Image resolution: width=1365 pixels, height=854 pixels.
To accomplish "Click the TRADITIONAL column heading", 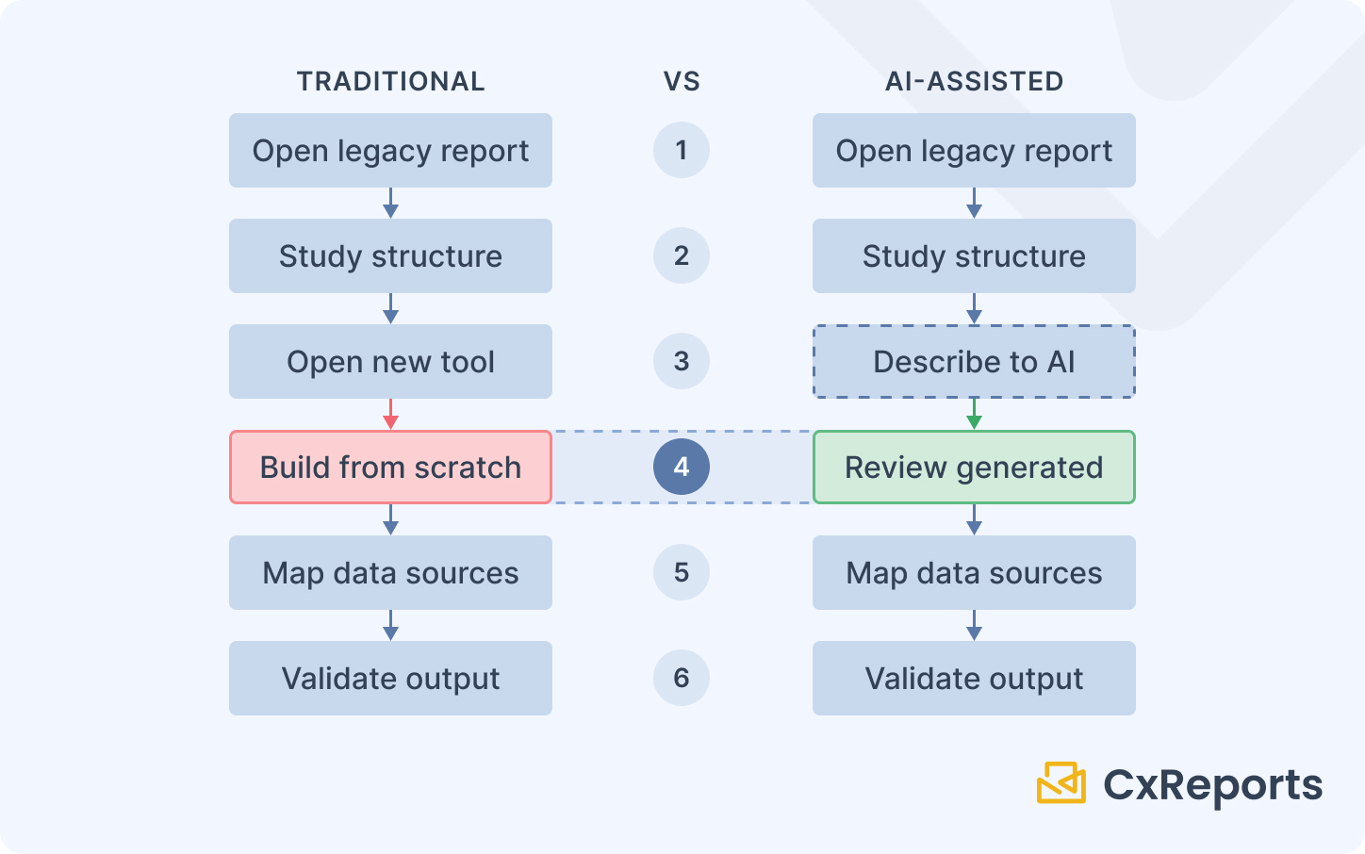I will coord(390,82).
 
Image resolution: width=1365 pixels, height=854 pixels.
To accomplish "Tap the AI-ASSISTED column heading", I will coord(974,82).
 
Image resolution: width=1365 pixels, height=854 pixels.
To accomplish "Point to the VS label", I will coord(682,82).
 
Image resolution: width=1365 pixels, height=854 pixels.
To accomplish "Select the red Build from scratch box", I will coord(390,468).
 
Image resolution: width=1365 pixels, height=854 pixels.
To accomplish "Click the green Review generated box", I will coord(974,468).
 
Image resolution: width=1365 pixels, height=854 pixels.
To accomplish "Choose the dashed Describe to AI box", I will coord(974,362).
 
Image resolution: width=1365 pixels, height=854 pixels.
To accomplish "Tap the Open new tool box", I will coord(390,362).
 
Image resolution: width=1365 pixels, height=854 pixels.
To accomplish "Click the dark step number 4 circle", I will coord(682,467).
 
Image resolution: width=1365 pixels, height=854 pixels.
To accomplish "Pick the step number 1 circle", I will coord(682,150).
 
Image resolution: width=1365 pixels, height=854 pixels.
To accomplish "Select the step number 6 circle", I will coord(682,678).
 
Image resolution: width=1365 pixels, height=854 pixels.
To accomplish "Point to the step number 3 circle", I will coord(682,361).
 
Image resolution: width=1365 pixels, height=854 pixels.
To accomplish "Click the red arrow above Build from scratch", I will coord(390,415).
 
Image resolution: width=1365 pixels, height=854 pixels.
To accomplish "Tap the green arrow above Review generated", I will coord(974,415).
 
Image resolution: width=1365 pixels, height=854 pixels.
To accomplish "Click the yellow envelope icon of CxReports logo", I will coord(1061,783).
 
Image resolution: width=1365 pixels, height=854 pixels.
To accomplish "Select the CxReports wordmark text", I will coord(1212,785).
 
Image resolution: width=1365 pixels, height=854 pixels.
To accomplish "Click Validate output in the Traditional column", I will coord(390,679).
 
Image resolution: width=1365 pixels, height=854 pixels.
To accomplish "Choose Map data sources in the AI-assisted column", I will coord(974,573).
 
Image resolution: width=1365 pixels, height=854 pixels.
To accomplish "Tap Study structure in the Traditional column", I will coord(390,256).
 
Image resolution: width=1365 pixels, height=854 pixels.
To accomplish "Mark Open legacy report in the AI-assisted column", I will coord(974,151).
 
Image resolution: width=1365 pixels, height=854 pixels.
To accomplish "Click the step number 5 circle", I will coord(682,572).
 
